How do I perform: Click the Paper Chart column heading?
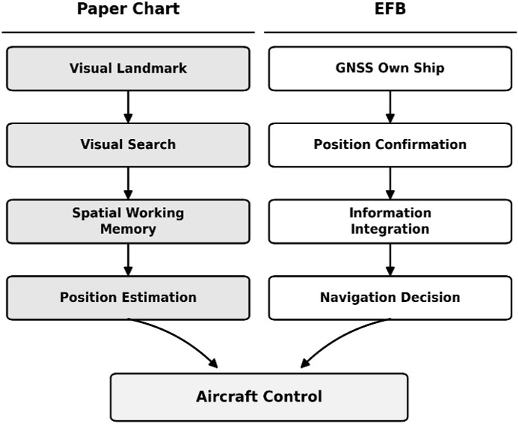(x=128, y=9)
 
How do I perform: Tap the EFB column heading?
(x=390, y=8)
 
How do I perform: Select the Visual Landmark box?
(x=128, y=68)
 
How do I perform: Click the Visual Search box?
(x=128, y=145)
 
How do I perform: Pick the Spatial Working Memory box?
(x=128, y=221)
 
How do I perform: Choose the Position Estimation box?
(x=128, y=298)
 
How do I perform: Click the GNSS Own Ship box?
(x=390, y=68)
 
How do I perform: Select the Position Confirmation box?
(x=390, y=145)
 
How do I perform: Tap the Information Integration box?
(x=390, y=221)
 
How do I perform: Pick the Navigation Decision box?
(x=390, y=298)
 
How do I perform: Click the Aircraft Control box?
(x=259, y=397)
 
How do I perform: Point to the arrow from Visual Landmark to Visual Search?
(x=128, y=107)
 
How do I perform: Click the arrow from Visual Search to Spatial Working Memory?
(x=128, y=183)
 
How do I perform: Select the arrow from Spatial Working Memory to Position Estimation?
(x=128, y=259)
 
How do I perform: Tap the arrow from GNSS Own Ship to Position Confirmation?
(x=390, y=107)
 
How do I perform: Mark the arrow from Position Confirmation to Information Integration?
(x=390, y=183)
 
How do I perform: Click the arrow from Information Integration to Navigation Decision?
(x=390, y=259)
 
